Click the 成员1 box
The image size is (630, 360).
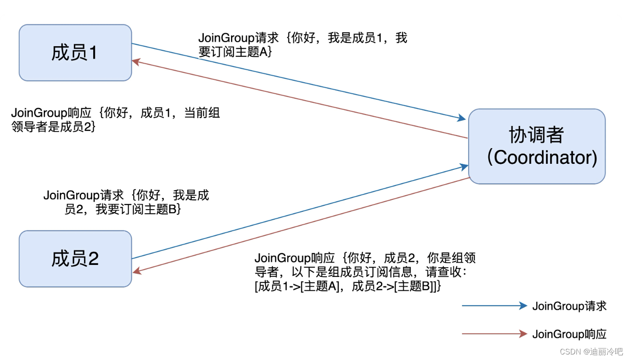[75, 53]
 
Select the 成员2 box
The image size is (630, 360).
[75, 258]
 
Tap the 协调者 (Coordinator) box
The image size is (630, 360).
[536, 146]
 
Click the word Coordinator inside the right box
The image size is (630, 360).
[544, 158]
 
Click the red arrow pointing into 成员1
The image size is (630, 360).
[300, 99]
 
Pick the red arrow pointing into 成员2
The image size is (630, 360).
[300, 225]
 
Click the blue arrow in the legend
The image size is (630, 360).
[494, 306]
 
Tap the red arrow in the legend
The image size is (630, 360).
[494, 334]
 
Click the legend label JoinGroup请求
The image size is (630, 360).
[569, 306]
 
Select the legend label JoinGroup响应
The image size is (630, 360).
[569, 334]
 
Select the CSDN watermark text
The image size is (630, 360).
[591, 352]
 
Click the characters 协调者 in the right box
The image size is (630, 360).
[536, 135]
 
